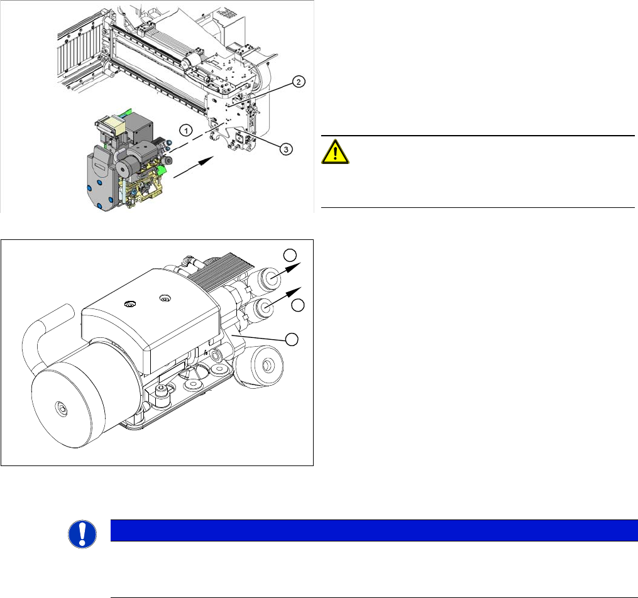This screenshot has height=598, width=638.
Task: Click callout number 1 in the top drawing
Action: click(x=186, y=131)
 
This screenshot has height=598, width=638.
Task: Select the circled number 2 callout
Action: click(x=299, y=82)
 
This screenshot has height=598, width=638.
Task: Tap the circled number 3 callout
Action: click(x=286, y=149)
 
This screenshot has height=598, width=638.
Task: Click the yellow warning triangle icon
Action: click(x=335, y=151)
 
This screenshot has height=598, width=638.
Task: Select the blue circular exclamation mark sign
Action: click(x=82, y=534)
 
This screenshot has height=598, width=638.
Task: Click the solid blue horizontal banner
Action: click(x=374, y=530)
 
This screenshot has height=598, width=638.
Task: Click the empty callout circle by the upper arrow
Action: click(x=290, y=255)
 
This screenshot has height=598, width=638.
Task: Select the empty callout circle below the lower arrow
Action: click(x=298, y=305)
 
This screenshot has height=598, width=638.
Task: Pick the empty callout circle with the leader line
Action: click(x=292, y=339)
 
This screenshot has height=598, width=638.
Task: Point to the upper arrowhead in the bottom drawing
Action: click(x=294, y=267)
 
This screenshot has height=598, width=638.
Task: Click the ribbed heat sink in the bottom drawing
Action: click(x=216, y=271)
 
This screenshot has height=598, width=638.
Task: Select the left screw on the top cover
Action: click(x=130, y=304)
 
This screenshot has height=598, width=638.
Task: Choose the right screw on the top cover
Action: click(x=165, y=299)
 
